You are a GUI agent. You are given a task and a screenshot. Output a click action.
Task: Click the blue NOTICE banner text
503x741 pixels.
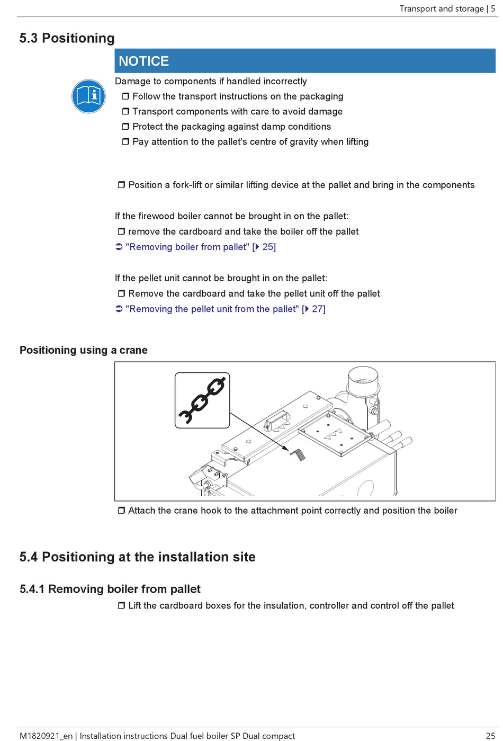(x=143, y=61)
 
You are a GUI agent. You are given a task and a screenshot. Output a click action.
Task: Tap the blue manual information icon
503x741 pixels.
(x=88, y=96)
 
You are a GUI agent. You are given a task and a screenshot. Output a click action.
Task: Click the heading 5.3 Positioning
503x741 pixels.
(x=67, y=38)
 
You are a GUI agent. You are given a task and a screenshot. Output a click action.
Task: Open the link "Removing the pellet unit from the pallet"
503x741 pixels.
(x=212, y=309)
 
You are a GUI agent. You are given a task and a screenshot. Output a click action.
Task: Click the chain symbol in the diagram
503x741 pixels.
(x=202, y=400)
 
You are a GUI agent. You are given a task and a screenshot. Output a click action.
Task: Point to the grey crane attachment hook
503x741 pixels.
(x=298, y=454)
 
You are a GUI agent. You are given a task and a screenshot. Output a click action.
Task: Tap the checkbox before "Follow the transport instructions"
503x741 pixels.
(x=125, y=96)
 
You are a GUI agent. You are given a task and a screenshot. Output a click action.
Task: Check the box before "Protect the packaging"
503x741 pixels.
(x=125, y=127)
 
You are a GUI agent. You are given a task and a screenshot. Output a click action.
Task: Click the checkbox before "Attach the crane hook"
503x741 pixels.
(x=121, y=511)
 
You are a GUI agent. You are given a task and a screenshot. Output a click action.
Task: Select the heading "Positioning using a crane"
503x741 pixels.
(x=84, y=350)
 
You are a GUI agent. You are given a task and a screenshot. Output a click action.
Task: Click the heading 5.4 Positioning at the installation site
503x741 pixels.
(x=137, y=557)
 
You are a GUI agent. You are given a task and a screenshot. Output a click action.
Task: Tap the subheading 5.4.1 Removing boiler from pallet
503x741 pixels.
(x=110, y=589)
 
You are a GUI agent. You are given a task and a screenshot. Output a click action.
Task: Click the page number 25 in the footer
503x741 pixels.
(x=490, y=736)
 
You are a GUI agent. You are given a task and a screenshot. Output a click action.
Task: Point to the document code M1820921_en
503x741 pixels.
(x=46, y=736)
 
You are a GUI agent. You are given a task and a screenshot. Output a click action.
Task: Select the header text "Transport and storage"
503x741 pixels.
(x=442, y=8)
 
